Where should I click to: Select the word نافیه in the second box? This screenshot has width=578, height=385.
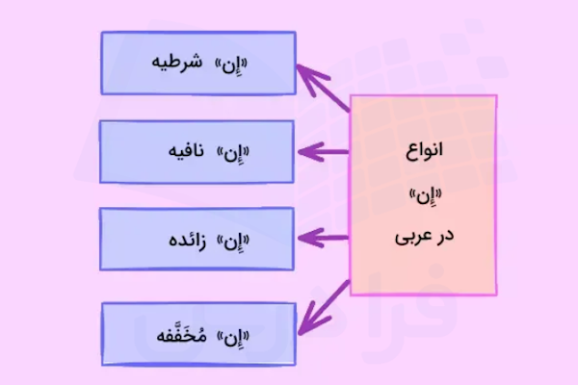pos(182,152)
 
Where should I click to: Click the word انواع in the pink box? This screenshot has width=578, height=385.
pos(424,152)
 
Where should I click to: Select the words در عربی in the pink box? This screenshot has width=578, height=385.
pos(424,235)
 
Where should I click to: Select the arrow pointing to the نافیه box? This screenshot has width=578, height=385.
pos(323,151)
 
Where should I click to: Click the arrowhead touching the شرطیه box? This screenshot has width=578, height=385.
pos(303,73)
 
